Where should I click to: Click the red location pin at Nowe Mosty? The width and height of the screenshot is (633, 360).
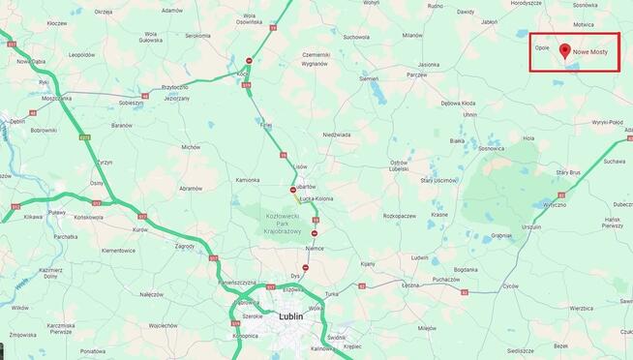point(564,49)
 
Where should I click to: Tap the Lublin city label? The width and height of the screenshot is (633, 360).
point(290,315)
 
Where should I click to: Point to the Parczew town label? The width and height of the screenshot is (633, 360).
point(417,74)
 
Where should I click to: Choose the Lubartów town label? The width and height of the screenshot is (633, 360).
point(304,184)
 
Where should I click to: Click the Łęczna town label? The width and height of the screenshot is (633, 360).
point(410,285)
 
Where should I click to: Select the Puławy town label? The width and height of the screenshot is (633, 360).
point(57,211)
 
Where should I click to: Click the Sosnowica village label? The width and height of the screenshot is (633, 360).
point(491,148)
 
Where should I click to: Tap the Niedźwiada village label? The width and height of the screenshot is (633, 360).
point(337,135)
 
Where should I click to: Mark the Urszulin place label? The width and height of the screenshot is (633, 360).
point(531,227)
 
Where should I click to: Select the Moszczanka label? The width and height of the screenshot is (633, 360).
point(56,98)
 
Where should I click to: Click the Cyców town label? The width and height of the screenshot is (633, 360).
point(510,286)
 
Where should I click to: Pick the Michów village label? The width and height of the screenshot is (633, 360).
point(191,147)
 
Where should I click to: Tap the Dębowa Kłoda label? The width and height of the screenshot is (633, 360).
point(458,103)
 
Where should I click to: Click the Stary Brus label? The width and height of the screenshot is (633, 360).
point(567,172)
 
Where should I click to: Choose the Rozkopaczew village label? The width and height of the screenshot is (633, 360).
point(399,216)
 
